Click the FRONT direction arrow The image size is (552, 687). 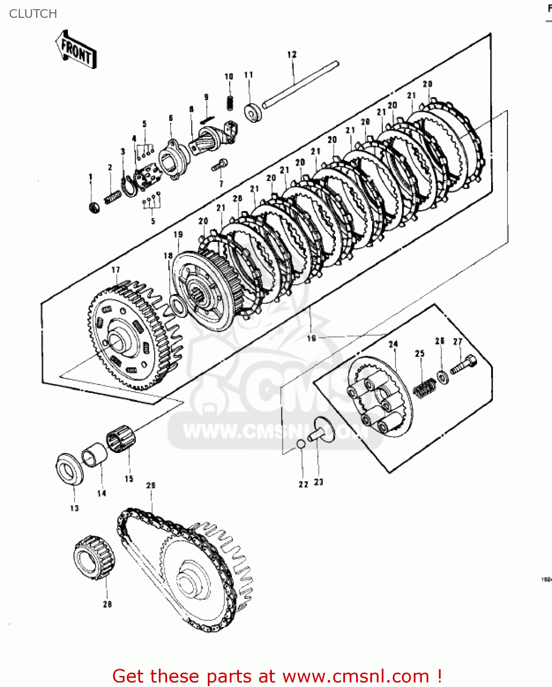(x=76, y=50)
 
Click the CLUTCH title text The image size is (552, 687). (x=33, y=14)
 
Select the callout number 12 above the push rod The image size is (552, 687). (x=292, y=55)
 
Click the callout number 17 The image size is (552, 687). (x=115, y=270)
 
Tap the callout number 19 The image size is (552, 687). (x=178, y=234)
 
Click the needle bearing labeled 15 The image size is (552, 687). (x=121, y=439)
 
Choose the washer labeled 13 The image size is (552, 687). (x=70, y=469)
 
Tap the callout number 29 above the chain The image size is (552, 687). (x=151, y=485)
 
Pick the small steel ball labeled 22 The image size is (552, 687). (x=301, y=444)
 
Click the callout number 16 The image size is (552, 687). (x=312, y=338)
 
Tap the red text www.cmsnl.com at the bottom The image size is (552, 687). (x=356, y=676)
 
